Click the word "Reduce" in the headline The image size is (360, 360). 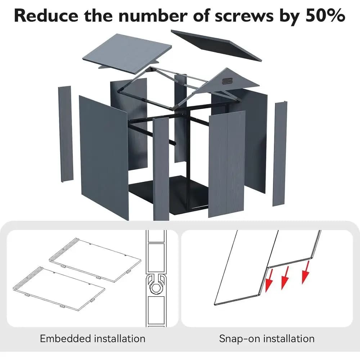(x=46, y=15)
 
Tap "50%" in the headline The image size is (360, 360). (x=325, y=15)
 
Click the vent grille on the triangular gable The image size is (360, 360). (x=227, y=81)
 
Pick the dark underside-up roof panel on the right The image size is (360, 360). (x=216, y=45)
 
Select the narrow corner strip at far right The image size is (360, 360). (x=280, y=153)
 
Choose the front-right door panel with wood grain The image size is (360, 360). (x=227, y=164)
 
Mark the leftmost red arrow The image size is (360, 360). (x=269, y=280)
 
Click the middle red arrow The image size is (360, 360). (x=285, y=278)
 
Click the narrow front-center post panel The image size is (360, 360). (x=161, y=169)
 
